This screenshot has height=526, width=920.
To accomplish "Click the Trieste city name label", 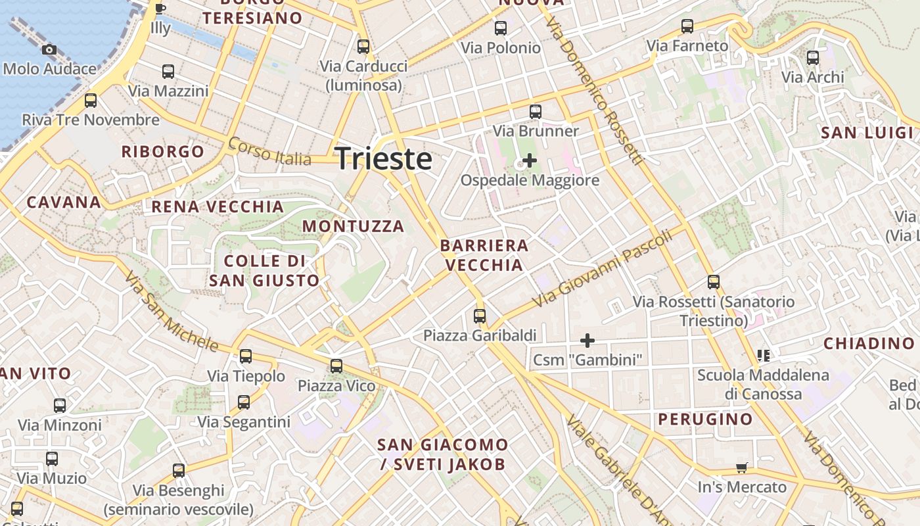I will click(x=384, y=159).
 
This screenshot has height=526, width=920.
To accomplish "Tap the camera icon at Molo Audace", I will click(x=49, y=50).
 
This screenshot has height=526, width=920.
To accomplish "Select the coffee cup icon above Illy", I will click(x=160, y=9).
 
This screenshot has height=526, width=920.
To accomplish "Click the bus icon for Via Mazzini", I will click(x=168, y=72).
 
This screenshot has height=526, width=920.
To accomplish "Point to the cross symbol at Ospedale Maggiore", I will click(x=529, y=160).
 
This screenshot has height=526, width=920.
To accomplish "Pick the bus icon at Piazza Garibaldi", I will click(x=480, y=316).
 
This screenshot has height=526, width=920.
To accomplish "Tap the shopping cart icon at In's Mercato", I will click(x=742, y=468).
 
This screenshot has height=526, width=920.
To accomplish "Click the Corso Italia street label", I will click(x=269, y=152).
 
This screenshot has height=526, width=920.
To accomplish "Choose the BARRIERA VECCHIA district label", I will click(x=484, y=255).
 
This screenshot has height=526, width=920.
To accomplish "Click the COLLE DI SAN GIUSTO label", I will click(x=264, y=271).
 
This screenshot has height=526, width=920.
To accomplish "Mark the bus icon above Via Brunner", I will click(x=536, y=112).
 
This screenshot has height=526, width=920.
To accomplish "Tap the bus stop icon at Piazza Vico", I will click(x=336, y=366).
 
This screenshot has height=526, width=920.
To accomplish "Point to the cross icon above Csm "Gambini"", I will click(x=587, y=341).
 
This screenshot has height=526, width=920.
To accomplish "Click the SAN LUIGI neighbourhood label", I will click(x=867, y=133).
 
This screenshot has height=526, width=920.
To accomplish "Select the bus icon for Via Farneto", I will click(x=687, y=26).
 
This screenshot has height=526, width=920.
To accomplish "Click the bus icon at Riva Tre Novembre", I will click(x=91, y=101).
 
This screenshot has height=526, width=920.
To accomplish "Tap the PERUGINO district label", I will click(x=705, y=419).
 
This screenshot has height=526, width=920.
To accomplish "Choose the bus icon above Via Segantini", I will click(x=244, y=402).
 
